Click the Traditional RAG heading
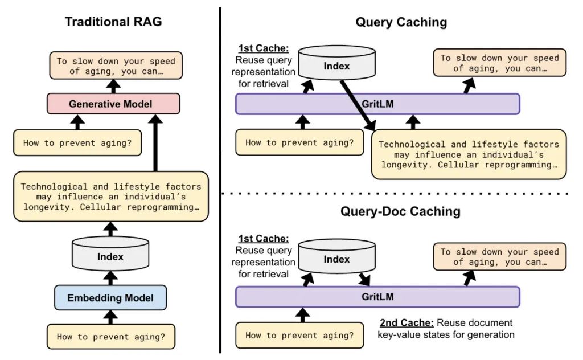tap(113, 22)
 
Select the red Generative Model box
tap(113, 104)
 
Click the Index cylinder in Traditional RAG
tap(110, 255)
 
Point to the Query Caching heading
tap(401, 22)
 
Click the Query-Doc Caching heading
tap(401, 211)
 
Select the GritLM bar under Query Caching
tap(377, 104)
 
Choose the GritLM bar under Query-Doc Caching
tap(377, 297)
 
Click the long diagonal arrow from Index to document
tap(357, 105)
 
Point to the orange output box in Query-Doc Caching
tap(500, 257)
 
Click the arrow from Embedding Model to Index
tap(110, 277)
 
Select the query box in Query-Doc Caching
tap(299, 335)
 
